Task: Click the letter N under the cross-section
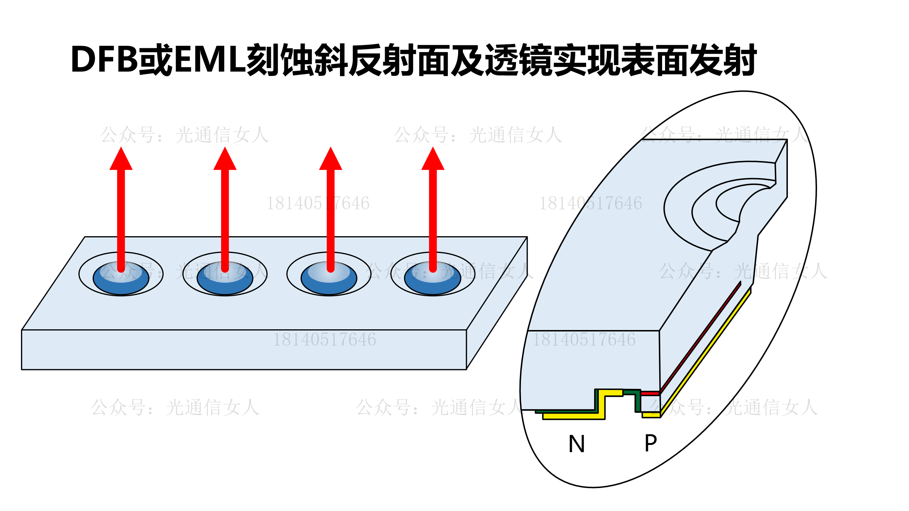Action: [x=577, y=444]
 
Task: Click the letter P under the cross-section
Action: [x=650, y=443]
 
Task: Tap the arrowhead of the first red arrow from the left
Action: [x=121, y=160]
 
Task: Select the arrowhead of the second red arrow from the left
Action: [x=225, y=160]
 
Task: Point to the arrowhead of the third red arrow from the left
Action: [x=331, y=160]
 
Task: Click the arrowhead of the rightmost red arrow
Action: [x=433, y=160]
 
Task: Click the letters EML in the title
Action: [x=210, y=60]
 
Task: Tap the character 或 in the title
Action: [x=156, y=60]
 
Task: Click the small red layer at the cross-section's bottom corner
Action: [x=650, y=393]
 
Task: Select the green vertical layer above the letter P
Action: [x=638, y=402]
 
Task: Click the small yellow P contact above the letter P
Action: [x=651, y=415]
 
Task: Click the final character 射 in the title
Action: [x=740, y=60]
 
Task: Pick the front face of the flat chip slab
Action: [x=244, y=350]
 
